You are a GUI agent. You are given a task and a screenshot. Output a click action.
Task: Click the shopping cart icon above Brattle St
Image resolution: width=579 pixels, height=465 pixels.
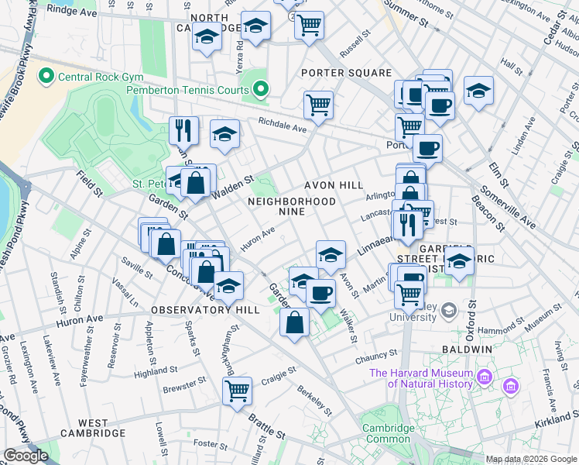(x=238, y=388)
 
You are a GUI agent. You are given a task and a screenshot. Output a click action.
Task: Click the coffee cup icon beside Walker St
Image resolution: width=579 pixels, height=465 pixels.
(x=320, y=292)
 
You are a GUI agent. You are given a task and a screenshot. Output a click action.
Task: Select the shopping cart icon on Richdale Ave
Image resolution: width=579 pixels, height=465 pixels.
(x=318, y=104)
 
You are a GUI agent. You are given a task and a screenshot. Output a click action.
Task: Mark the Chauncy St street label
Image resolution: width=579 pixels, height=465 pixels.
(x=377, y=356)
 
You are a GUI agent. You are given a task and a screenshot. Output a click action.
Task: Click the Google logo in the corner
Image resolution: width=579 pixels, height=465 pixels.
(x=26, y=456)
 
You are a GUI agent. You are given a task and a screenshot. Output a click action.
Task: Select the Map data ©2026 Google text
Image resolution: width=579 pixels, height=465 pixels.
(x=531, y=459)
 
